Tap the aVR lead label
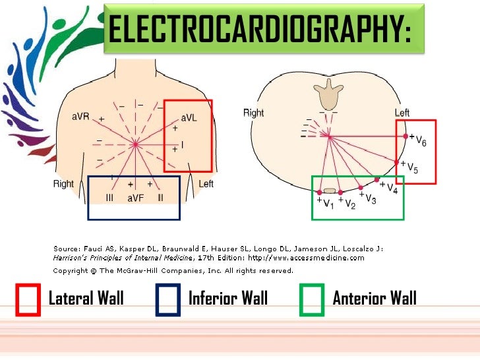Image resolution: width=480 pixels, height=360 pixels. click(x=80, y=117)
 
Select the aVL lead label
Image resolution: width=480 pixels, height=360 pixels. click(x=189, y=117)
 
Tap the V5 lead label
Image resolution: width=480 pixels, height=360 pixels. click(x=412, y=167)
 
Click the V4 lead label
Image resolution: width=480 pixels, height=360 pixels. click(x=392, y=189)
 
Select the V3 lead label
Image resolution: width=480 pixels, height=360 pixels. click(x=371, y=199)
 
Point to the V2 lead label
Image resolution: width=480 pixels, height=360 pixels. click(x=349, y=205)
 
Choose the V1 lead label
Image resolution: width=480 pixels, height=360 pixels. click(x=328, y=205)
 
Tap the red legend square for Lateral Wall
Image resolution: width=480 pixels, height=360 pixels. click(x=28, y=299)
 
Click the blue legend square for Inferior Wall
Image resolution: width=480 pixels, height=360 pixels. click(x=168, y=299)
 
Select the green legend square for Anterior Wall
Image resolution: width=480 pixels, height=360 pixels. click(x=312, y=299)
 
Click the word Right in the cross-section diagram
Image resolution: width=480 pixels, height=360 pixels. click(x=254, y=113)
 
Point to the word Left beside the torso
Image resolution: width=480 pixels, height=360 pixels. click(x=206, y=184)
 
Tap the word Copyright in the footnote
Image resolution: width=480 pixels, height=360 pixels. click(x=70, y=270)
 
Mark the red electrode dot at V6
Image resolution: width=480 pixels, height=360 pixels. click(x=405, y=136)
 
